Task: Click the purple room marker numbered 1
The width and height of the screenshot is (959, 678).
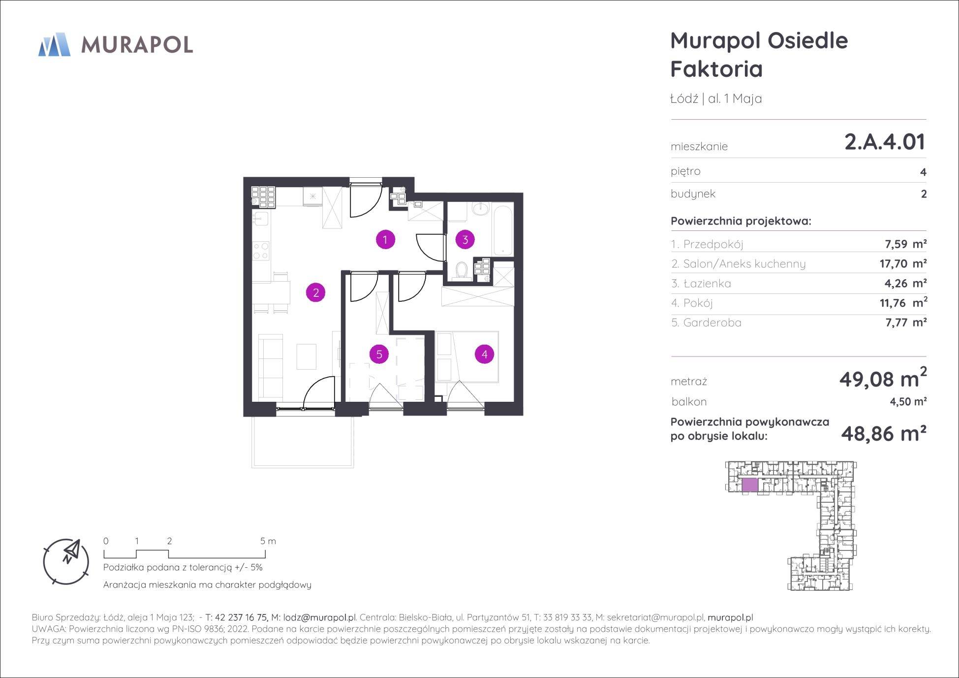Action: [x=385, y=240]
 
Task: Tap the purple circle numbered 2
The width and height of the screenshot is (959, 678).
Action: [x=316, y=292]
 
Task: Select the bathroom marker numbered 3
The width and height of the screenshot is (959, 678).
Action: [x=465, y=240]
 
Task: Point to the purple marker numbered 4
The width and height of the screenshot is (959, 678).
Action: [x=485, y=354]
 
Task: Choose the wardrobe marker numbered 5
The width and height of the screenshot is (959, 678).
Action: [x=379, y=354]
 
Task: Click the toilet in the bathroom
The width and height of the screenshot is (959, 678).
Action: [x=462, y=270]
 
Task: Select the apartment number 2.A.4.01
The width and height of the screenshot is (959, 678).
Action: [x=885, y=141]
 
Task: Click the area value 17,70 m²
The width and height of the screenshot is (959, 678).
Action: [x=903, y=263]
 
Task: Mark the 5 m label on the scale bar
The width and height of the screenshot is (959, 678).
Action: [x=268, y=541]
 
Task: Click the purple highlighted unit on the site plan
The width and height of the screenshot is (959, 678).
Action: [x=750, y=485]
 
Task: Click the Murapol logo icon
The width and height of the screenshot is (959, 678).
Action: [x=54, y=44]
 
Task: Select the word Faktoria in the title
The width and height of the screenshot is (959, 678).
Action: [x=716, y=69]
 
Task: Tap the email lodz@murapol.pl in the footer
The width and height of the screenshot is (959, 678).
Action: [x=319, y=617]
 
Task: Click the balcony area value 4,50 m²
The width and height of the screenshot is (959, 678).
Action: [x=908, y=401]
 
